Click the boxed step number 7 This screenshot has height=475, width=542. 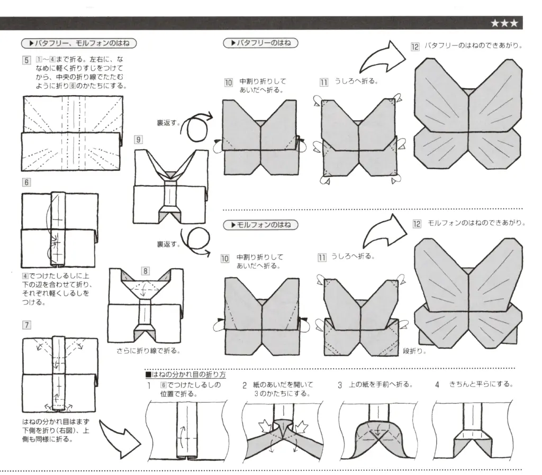(x=26, y=324)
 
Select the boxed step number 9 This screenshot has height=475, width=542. (x=138, y=140)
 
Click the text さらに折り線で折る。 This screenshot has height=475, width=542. (x=148, y=351)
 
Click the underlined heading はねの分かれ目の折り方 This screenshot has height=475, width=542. (x=186, y=374)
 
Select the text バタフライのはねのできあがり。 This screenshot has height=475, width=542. (x=473, y=46)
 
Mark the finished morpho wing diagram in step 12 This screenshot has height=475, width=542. (x=469, y=294)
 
